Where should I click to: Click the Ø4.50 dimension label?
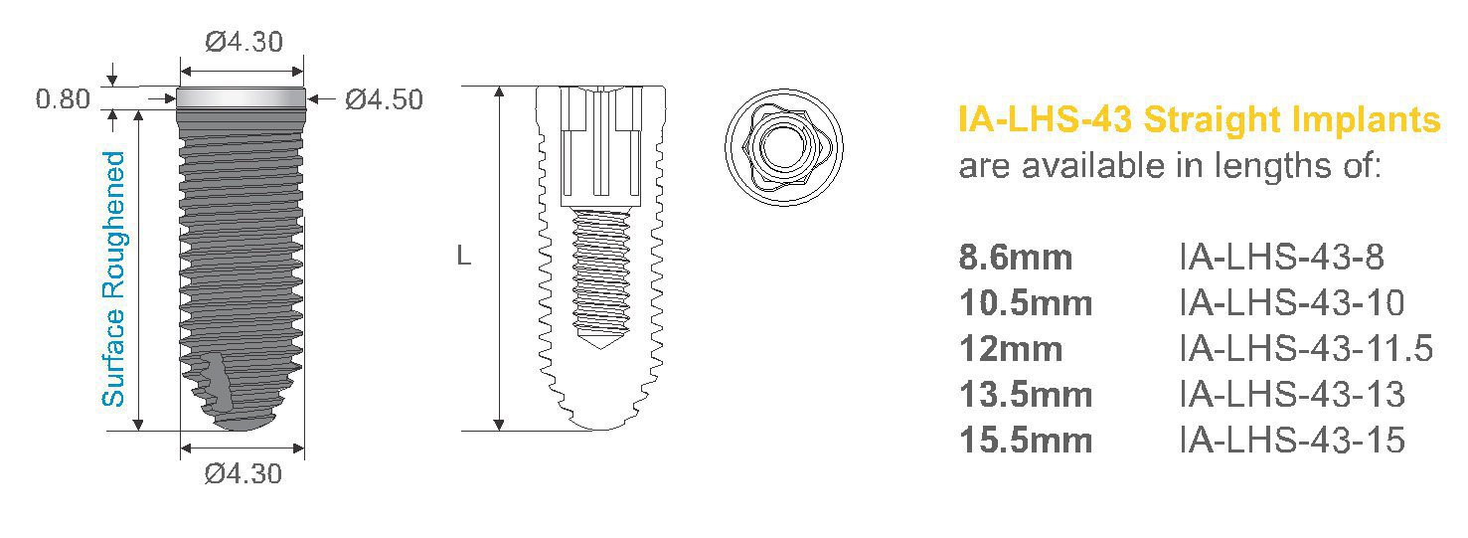coord(384,100)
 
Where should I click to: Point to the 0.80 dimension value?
coord(63,99)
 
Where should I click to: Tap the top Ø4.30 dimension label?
coord(244,43)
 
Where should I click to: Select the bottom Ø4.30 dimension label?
coord(244,474)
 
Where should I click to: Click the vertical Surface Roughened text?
coord(115,278)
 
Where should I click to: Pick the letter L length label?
coord(463,257)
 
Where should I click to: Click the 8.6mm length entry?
coord(1016,258)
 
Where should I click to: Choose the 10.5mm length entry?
coord(1026,303)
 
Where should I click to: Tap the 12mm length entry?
coord(1011,349)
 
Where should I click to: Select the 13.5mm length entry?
coord(1026,395)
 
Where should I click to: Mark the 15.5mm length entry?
coord(1026,440)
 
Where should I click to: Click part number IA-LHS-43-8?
coord(1281,258)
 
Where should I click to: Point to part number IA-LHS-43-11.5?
coord(1306,349)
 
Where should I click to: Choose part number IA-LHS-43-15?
coord(1292,440)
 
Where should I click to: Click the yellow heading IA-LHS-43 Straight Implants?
coord(1199,120)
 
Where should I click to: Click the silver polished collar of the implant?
coord(242,98)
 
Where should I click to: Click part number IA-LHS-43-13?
coord(1292,395)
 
